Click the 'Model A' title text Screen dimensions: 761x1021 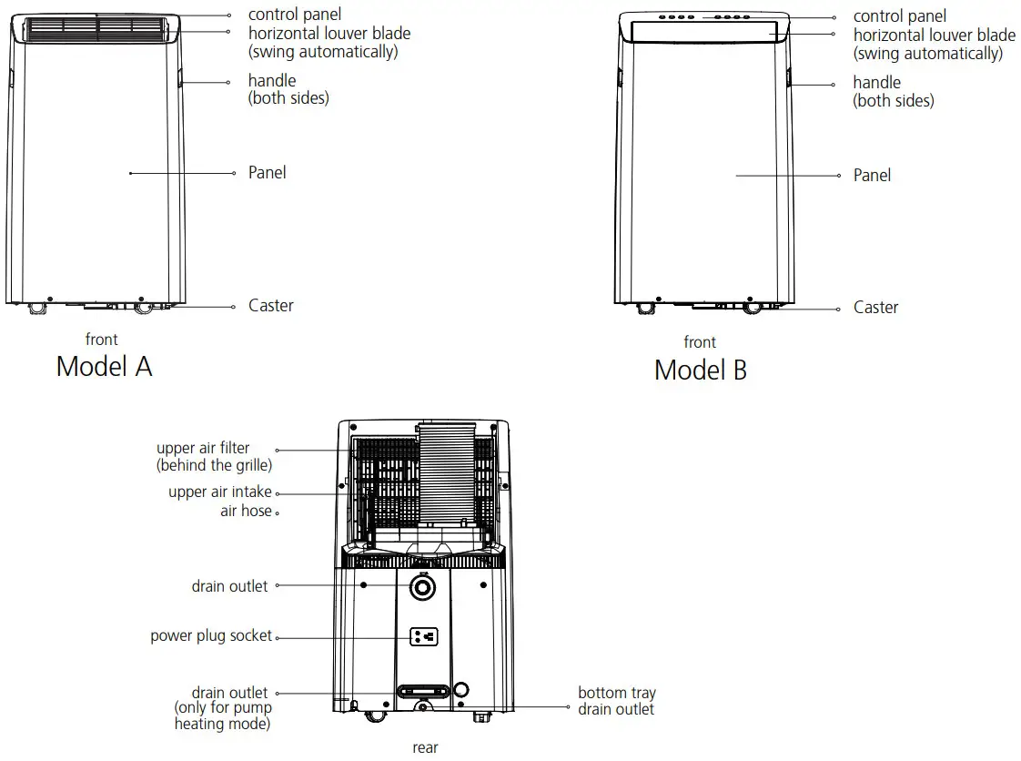pyautogui.click(x=104, y=366)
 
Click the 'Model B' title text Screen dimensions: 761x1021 pyautogui.click(x=700, y=370)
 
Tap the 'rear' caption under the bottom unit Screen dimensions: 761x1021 pyautogui.click(x=425, y=747)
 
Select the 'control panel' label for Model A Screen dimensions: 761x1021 pyautogui.click(x=295, y=15)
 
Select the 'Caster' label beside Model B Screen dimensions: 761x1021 pyautogui.click(x=875, y=308)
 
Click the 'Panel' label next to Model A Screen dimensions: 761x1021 pyautogui.click(x=267, y=172)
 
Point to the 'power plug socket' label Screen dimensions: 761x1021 pyautogui.click(x=211, y=635)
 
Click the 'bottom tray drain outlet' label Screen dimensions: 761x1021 pyautogui.click(x=616, y=701)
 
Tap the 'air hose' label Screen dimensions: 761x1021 pyautogui.click(x=246, y=511)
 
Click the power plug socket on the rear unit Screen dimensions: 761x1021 pyautogui.click(x=423, y=636)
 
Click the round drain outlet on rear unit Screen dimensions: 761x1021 pyautogui.click(x=422, y=589)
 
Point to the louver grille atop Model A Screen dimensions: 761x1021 pyautogui.click(x=96, y=28)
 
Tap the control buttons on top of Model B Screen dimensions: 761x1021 pyautogui.click(x=701, y=16)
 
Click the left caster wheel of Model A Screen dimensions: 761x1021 pyautogui.click(x=37, y=309)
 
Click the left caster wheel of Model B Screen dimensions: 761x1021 pyautogui.click(x=644, y=309)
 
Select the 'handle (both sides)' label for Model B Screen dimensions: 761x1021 pyautogui.click(x=893, y=92)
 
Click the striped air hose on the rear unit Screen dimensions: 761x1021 pyautogui.click(x=445, y=473)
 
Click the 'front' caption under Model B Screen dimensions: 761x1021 pyautogui.click(x=700, y=342)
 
